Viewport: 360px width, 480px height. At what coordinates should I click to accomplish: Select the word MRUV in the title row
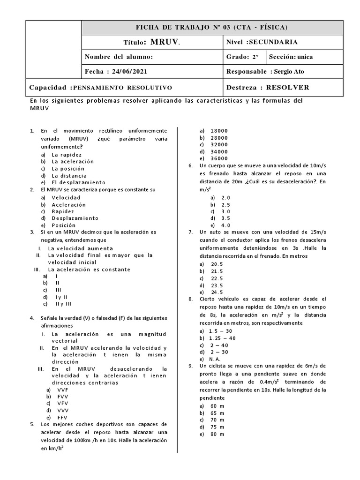point(164,42)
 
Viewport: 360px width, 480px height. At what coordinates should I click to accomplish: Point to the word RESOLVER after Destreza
point(287,88)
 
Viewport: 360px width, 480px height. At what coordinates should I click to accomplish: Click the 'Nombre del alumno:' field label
point(119,57)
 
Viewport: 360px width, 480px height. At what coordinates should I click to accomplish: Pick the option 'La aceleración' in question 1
point(73,161)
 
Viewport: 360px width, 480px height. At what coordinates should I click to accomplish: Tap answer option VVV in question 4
point(62,410)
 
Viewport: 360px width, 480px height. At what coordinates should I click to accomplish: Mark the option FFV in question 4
point(62,417)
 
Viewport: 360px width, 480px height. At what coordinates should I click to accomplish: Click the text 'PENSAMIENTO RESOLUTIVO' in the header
point(123,88)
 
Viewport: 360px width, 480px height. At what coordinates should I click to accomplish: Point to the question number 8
point(190,299)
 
